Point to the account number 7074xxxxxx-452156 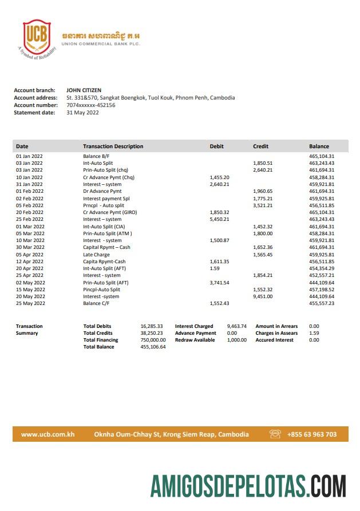(x=91, y=105)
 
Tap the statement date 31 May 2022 (x=83, y=113)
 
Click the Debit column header (x=217, y=146)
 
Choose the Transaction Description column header (x=113, y=146)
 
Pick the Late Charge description (x=96, y=255)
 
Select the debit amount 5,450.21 (x=220, y=219)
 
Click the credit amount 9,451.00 (x=263, y=296)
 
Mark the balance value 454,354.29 (x=322, y=268)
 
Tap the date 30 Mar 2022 (x=30, y=247)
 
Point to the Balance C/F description (x=98, y=303)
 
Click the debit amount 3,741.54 (x=220, y=283)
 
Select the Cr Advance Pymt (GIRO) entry (x=110, y=212)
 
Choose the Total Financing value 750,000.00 (x=153, y=340)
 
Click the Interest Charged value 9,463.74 (x=236, y=326)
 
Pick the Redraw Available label (x=195, y=340)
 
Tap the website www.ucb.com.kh (x=48, y=434)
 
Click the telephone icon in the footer (x=275, y=434)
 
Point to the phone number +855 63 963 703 (x=312, y=434)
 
